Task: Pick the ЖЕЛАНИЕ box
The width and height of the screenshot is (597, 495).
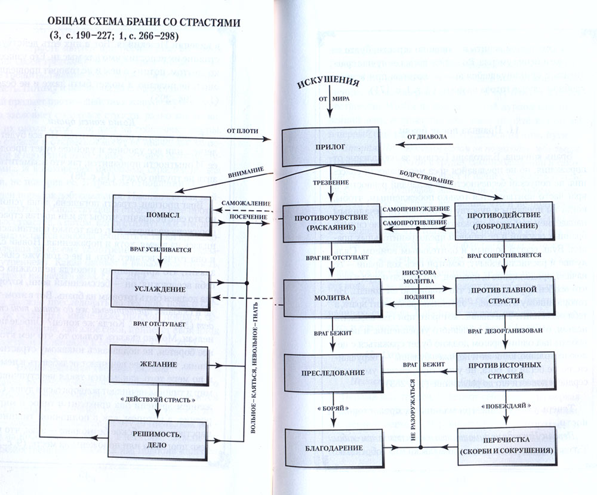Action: pyautogui.click(x=159, y=364)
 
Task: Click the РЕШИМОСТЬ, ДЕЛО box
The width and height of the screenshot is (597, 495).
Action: pyautogui.click(x=159, y=438)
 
